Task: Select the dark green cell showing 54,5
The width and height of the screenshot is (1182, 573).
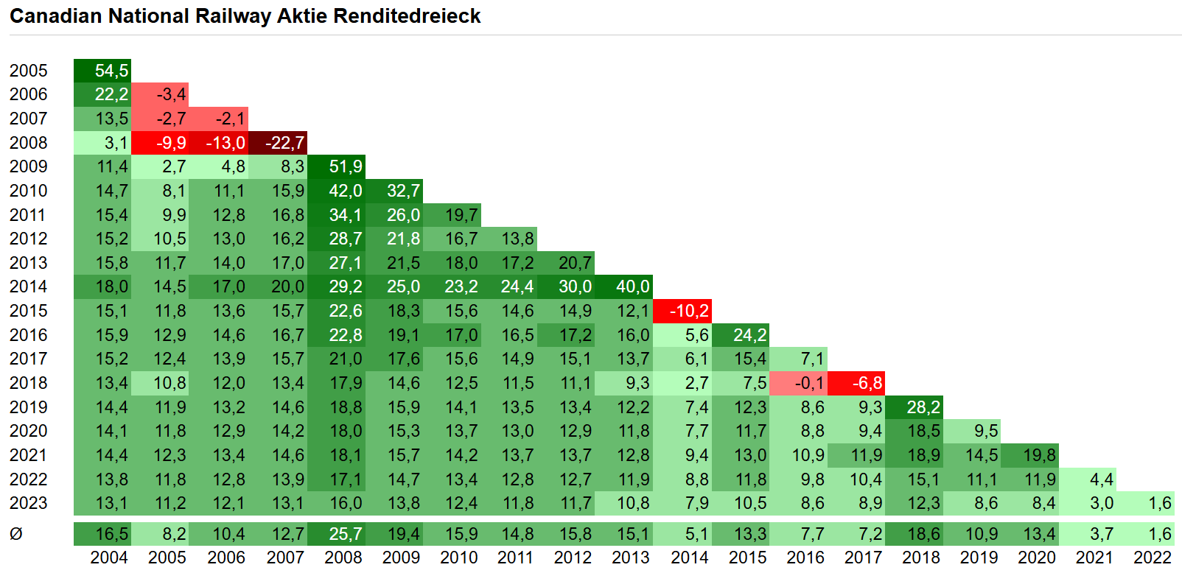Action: click(102, 71)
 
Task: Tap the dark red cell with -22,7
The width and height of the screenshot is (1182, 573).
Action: click(278, 143)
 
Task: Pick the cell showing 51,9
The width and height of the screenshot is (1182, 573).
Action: click(337, 166)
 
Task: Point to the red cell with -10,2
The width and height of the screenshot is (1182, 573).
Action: click(682, 311)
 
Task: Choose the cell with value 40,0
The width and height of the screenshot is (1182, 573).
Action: click(623, 286)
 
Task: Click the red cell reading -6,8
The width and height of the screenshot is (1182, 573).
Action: click(856, 383)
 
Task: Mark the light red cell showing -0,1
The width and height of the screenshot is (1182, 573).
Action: click(798, 383)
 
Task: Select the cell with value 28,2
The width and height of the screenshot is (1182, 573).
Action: click(914, 407)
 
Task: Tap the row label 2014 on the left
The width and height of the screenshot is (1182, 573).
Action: click(28, 286)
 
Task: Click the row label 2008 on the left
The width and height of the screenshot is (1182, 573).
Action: click(28, 143)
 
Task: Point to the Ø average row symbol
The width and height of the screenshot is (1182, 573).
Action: click(16, 534)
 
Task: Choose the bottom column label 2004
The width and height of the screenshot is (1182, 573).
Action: click(109, 558)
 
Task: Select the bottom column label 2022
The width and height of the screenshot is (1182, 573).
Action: click(1152, 558)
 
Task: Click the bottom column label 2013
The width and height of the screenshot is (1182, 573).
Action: click(631, 558)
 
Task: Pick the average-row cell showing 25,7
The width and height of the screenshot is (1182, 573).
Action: click(337, 534)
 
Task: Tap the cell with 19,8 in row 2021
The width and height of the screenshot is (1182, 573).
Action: click(1030, 455)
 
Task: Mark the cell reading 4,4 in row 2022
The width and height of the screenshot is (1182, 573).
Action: click(1088, 479)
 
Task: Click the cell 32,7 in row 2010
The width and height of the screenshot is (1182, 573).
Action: click(394, 191)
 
